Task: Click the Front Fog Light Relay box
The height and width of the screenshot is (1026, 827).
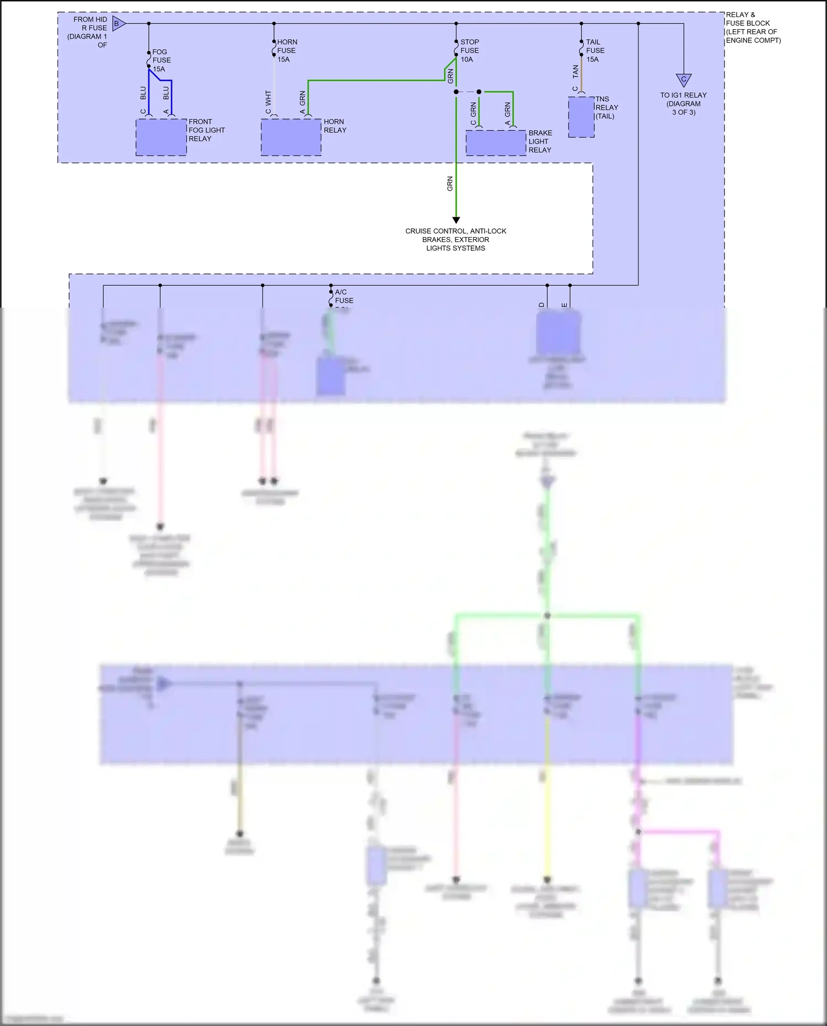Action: [161, 137]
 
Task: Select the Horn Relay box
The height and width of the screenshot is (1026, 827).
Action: [291, 137]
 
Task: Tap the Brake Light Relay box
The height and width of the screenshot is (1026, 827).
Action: [496, 143]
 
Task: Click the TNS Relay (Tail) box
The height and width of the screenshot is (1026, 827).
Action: [581, 117]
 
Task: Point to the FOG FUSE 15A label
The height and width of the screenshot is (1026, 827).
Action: [161, 60]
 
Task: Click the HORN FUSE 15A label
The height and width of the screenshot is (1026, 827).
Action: [287, 50]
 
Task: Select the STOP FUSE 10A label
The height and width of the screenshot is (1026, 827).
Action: [470, 50]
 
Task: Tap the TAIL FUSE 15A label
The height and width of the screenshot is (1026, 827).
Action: [595, 50]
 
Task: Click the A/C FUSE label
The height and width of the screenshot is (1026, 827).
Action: [343, 296]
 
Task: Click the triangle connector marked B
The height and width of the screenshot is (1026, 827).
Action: [118, 24]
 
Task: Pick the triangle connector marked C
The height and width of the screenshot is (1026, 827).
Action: [684, 80]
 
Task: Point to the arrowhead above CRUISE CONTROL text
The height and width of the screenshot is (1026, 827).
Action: [456, 220]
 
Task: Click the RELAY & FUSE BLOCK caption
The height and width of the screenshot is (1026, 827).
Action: [753, 28]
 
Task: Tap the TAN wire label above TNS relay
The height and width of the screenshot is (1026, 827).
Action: [576, 71]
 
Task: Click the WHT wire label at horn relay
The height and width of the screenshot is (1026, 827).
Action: [268, 98]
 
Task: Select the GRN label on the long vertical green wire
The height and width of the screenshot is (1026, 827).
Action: [450, 184]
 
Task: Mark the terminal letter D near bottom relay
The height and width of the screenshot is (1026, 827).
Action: [542, 304]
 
